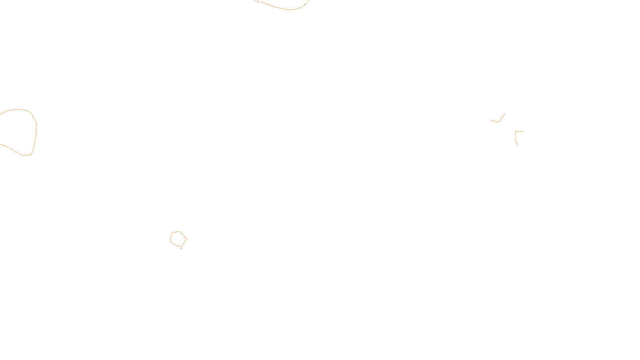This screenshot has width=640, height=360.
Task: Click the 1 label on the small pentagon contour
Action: (x=181, y=247)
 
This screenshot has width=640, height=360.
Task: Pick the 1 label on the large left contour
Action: (x=36, y=132)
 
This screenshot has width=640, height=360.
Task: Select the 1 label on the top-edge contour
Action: (x=257, y=1)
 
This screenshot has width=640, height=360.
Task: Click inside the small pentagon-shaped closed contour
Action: (x=178, y=238)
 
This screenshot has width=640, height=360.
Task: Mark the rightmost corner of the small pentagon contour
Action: (x=186, y=239)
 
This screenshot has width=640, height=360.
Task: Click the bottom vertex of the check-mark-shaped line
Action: (x=498, y=122)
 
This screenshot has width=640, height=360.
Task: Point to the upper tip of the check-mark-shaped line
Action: (x=505, y=114)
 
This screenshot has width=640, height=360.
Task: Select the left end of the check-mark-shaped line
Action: (x=491, y=120)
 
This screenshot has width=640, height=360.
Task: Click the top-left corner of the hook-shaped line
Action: (x=516, y=131)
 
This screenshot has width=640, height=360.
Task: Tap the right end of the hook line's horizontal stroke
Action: (x=523, y=131)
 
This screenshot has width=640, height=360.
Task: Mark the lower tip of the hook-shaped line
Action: (x=518, y=145)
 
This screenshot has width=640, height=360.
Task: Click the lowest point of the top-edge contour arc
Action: (x=290, y=10)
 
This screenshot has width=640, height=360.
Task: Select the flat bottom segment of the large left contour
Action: (x=26, y=155)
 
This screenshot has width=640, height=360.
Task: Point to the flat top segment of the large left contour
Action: (x=17, y=109)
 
